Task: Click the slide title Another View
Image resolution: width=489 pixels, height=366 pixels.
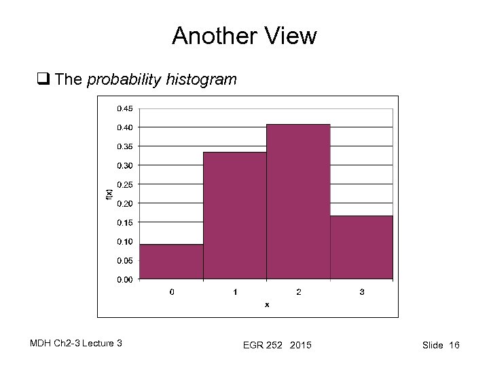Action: click(244, 36)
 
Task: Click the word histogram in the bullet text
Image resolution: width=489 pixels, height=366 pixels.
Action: click(204, 80)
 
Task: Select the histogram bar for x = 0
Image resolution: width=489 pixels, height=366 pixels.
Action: click(171, 262)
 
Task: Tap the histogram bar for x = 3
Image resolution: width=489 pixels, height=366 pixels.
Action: click(361, 247)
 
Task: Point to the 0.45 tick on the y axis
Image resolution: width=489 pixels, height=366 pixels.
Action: click(124, 108)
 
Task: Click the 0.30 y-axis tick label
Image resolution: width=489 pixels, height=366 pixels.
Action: click(124, 165)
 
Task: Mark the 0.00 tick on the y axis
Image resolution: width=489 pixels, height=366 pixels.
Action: click(124, 279)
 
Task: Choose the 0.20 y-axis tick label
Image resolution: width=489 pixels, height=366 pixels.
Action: click(124, 203)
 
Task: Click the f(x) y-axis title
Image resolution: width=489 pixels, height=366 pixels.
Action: click(109, 194)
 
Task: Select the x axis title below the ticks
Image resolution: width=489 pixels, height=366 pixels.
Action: click(267, 304)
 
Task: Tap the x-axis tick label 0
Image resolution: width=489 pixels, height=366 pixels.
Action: click(171, 292)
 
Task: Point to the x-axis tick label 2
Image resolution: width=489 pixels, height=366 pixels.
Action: click(298, 292)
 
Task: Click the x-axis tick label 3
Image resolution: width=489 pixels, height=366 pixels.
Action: click(361, 292)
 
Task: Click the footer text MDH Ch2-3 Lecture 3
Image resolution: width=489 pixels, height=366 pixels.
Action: click(76, 344)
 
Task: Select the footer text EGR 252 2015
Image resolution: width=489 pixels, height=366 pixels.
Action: click(277, 346)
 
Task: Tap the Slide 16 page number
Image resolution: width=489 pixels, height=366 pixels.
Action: click(441, 346)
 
